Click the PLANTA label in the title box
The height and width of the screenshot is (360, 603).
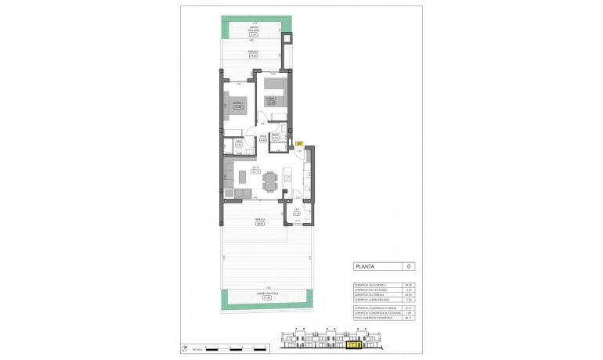coord(363,267)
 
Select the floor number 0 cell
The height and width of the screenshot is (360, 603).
coord(407,267)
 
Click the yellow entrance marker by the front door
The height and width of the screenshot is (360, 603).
coord(299,142)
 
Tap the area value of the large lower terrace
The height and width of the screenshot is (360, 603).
coord(259,223)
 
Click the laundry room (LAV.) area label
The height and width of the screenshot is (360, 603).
coord(297,213)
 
